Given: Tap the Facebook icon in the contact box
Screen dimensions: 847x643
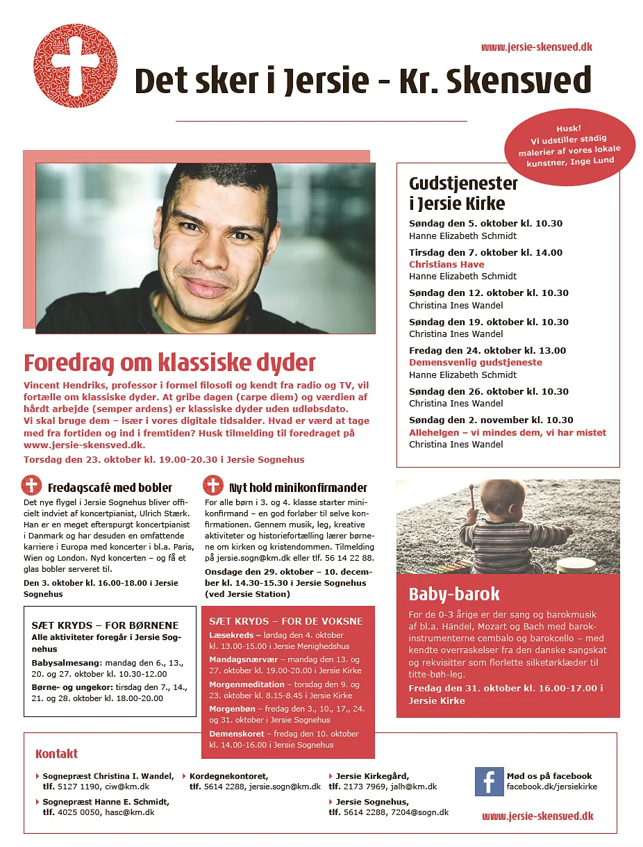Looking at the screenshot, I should pyautogui.click(x=489, y=782).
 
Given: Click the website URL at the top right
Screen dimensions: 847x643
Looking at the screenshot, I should pyautogui.click(x=536, y=47).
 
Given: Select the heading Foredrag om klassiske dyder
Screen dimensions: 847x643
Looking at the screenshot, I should pyautogui.click(x=169, y=363).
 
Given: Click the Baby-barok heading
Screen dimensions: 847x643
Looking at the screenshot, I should pyautogui.click(x=454, y=594).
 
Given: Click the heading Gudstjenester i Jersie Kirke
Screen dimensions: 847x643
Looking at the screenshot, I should pyautogui.click(x=463, y=193).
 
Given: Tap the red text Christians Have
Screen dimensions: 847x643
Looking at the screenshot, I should pyautogui.click(x=446, y=264).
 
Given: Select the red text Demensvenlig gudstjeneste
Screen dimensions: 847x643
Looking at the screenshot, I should pyautogui.click(x=476, y=362).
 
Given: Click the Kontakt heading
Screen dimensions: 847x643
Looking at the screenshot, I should pyautogui.click(x=56, y=754).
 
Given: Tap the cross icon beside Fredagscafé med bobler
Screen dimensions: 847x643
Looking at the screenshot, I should pyautogui.click(x=32, y=485).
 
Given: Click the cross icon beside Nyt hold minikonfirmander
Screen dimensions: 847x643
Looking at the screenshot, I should pyautogui.click(x=212, y=485).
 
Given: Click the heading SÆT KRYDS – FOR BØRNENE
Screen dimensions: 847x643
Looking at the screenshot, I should pyautogui.click(x=105, y=625).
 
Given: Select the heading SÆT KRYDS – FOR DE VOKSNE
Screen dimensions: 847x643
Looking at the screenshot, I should pyautogui.click(x=286, y=620).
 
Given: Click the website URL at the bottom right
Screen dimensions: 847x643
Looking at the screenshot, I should pyautogui.click(x=537, y=816).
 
